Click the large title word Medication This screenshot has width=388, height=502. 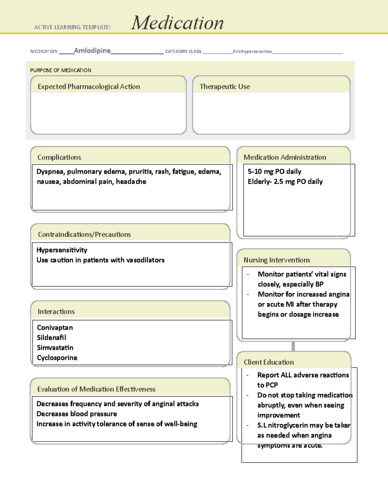(x=177, y=23)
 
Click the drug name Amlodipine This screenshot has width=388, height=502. (x=92, y=50)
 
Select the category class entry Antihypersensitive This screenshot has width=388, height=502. (x=252, y=51)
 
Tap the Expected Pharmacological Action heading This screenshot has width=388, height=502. (x=89, y=87)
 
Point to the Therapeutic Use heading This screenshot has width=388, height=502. (x=225, y=87)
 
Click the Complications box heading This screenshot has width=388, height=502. (x=59, y=157)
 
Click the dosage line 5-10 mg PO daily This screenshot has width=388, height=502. (x=275, y=172)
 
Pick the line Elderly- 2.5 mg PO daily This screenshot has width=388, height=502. (x=285, y=182)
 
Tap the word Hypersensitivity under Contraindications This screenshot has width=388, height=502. (x=62, y=250)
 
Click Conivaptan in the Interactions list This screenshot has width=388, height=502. (x=55, y=328)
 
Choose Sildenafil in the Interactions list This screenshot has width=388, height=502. (x=51, y=338)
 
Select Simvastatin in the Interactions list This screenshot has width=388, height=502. (x=55, y=348)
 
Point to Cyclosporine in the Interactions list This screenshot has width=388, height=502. (x=57, y=358)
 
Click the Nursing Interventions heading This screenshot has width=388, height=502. (x=277, y=260)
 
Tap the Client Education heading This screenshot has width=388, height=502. (x=269, y=362)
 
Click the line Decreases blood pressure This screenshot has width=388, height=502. (x=77, y=414)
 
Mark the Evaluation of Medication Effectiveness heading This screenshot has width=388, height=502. (x=96, y=389)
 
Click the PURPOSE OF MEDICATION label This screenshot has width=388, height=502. (x=60, y=70)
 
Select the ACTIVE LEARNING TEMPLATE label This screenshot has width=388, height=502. (x=72, y=27)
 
